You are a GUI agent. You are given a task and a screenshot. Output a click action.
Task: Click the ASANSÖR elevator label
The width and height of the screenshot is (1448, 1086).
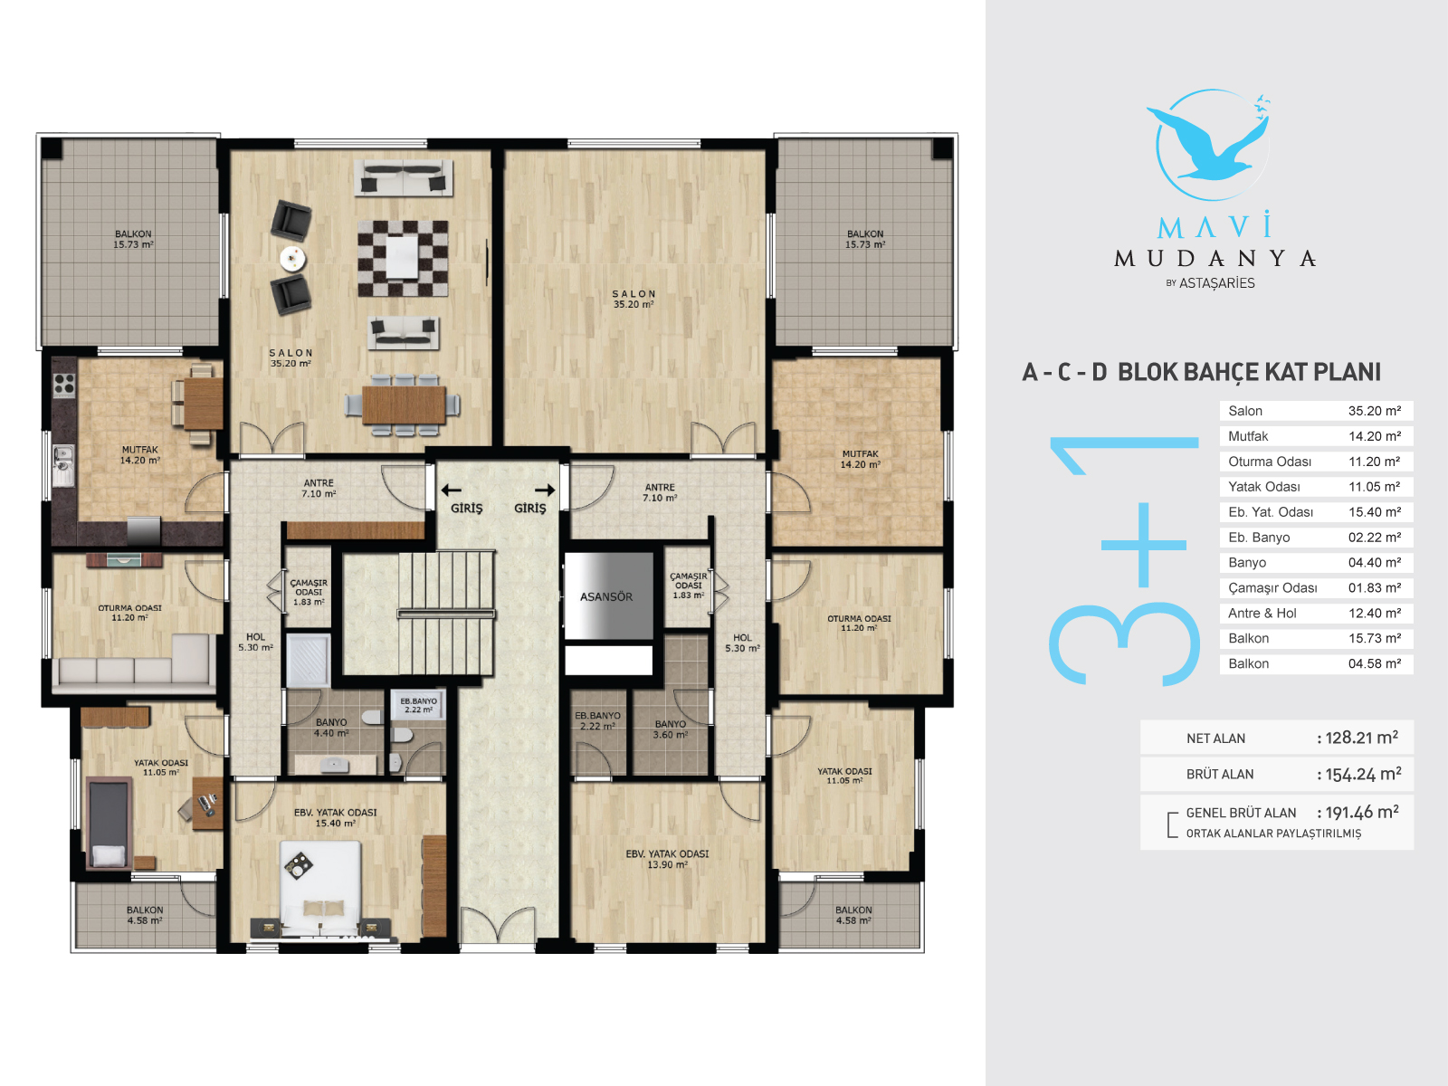[x=605, y=596]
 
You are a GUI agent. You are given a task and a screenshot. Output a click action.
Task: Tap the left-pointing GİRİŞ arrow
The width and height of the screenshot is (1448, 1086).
[x=452, y=490]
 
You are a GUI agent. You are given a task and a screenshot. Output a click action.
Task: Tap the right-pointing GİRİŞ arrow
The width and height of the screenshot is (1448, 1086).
[x=545, y=490]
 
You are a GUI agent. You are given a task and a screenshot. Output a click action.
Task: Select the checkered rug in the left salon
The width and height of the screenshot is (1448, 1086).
[x=403, y=259]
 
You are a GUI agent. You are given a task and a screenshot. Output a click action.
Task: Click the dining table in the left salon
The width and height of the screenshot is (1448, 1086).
[x=404, y=405]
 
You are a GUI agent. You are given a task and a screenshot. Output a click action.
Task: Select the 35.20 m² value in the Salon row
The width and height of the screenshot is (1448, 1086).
[x=1374, y=411]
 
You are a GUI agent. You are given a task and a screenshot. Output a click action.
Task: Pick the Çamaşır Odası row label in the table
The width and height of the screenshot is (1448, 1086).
[x=1272, y=587]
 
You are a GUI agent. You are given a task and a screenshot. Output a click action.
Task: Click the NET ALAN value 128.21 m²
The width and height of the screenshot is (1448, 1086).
[x=1362, y=738]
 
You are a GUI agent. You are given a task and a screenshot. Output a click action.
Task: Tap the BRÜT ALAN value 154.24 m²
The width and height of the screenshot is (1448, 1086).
[x=1363, y=774]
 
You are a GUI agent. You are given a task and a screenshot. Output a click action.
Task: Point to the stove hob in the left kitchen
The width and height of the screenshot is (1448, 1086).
[x=64, y=386]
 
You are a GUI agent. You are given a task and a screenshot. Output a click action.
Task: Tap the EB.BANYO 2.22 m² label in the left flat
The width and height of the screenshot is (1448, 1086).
[x=418, y=706]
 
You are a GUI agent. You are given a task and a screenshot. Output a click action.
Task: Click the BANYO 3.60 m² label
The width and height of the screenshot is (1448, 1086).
[x=671, y=729]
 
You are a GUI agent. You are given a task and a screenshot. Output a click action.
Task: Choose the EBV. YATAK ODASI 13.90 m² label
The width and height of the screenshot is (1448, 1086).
[x=667, y=859]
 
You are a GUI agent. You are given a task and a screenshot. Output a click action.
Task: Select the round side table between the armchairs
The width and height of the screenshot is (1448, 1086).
[x=292, y=258]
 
